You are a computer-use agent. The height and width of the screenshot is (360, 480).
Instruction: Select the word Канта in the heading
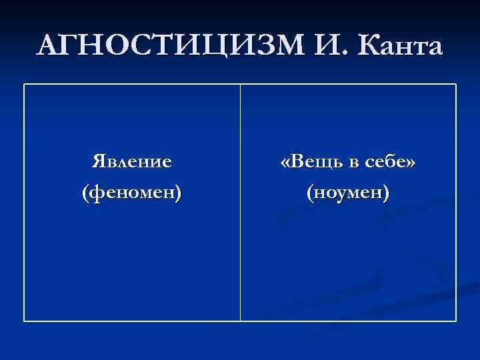coord(399,46)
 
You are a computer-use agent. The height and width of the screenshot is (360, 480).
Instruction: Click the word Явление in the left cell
coord(131,161)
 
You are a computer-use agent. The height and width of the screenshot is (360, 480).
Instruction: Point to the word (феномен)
coord(131,193)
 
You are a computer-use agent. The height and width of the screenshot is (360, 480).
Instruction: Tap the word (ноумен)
coord(347,193)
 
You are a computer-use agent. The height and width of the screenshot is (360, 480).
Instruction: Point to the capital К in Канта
coord(369,46)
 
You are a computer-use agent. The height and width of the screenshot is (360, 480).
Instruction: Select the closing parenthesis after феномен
coord(178,193)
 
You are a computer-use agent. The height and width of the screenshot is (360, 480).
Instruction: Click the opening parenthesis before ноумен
coord(309,193)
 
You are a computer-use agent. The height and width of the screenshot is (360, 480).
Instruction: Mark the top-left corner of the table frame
coord(25,84)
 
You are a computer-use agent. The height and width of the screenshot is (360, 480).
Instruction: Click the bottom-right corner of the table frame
coord(456,321)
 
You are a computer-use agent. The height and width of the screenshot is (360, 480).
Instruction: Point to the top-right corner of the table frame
coord(456,84)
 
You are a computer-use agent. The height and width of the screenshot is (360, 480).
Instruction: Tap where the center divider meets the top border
coord(240,84)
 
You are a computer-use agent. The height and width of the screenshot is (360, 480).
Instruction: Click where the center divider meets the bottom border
coord(240,321)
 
